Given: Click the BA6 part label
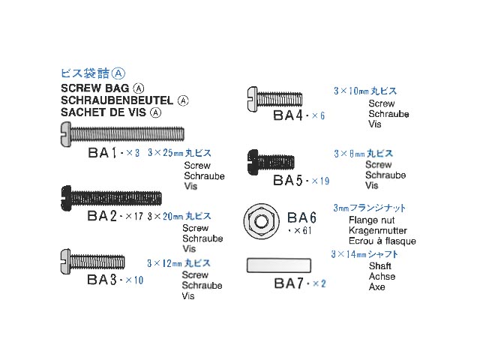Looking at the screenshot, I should pyautogui.click(x=303, y=217).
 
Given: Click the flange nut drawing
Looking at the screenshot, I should pyautogui.click(x=260, y=222).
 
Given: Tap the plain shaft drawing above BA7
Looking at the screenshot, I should pyautogui.click(x=277, y=265).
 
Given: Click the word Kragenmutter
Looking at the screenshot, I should pyautogui.click(x=378, y=231).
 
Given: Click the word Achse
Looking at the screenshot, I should pyautogui.click(x=382, y=277).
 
